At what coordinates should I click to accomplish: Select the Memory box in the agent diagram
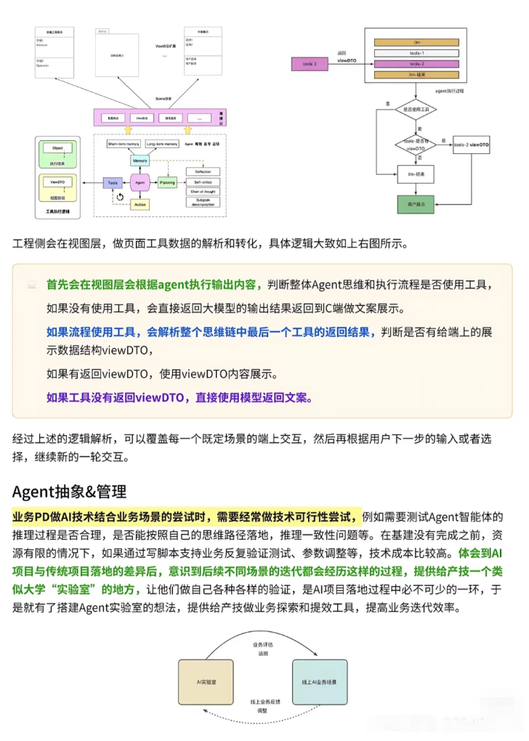point(140,161)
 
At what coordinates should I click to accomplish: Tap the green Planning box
point(167,184)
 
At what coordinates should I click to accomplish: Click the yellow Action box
point(140,206)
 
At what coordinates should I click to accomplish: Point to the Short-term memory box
point(124,145)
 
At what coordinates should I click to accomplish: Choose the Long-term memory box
point(161,145)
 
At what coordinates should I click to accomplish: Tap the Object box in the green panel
point(58,148)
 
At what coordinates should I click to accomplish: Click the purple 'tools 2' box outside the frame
point(310,65)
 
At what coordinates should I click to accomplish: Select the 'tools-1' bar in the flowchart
point(417,54)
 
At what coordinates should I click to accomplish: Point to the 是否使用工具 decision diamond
point(415,109)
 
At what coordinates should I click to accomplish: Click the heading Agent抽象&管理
point(70,492)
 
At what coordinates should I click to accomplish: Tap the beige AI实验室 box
point(206,683)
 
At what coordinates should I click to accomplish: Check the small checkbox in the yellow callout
point(32,285)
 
